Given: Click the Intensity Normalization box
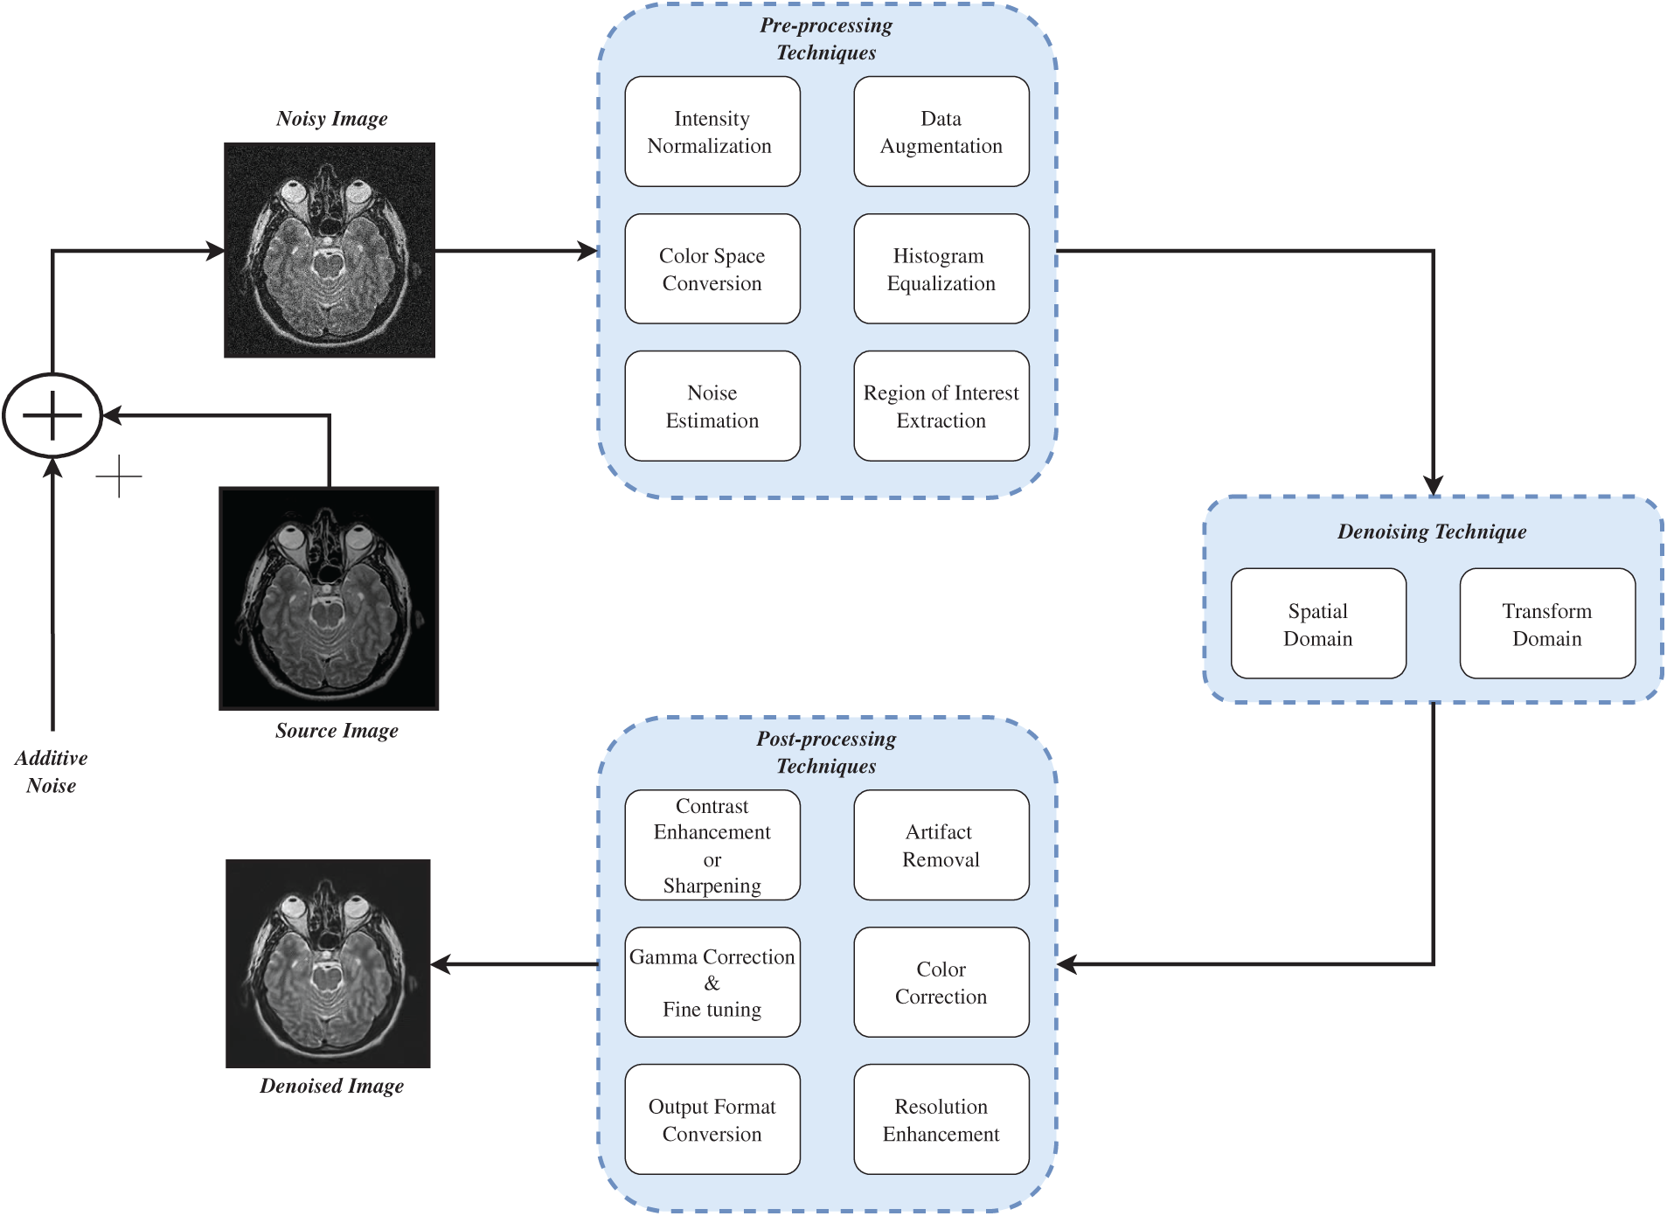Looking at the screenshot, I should (712, 132).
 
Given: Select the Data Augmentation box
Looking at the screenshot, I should (941, 132).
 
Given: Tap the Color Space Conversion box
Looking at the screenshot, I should (712, 269).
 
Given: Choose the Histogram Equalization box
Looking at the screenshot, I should (941, 269).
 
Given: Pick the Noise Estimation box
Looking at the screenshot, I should (712, 406).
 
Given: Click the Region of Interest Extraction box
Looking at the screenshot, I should (941, 406).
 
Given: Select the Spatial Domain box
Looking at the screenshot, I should (1317, 624).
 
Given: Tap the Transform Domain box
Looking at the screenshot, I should (1546, 624).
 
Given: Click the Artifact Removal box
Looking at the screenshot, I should (941, 845).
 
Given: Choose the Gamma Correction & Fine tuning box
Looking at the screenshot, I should (712, 983).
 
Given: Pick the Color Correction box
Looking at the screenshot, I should (941, 983).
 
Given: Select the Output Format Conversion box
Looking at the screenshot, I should (712, 1120).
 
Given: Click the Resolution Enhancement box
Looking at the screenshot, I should (941, 1120).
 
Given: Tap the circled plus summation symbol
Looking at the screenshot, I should (52, 415).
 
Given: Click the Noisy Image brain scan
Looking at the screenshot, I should (330, 250).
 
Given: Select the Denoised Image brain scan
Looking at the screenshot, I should (328, 963).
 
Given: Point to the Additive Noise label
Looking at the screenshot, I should (51, 771).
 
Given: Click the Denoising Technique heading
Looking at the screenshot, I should (1432, 532).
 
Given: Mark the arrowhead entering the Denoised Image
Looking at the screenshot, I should (441, 964).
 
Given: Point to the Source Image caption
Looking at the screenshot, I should (337, 731).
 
